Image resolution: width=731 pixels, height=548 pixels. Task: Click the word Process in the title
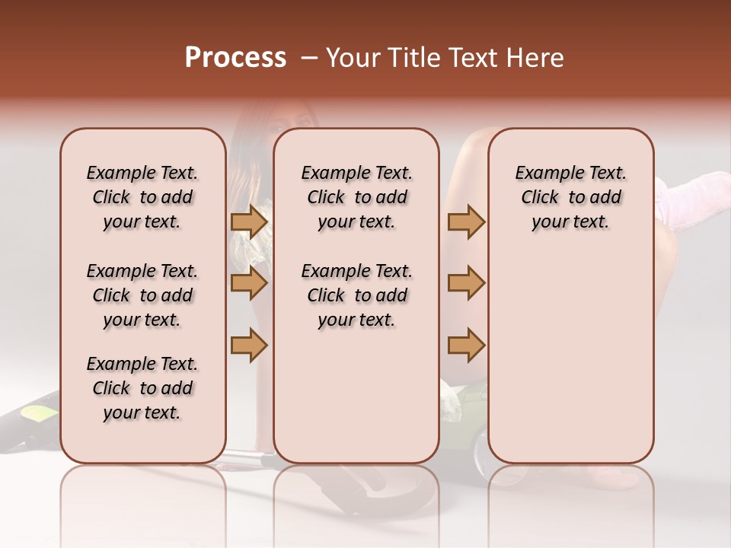point(235,58)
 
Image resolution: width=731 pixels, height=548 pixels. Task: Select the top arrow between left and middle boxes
point(249,221)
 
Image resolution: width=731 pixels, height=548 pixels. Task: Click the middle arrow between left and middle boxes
point(249,283)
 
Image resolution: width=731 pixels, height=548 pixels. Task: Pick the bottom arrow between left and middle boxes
point(249,345)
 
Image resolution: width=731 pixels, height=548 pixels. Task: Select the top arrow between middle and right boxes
point(466,221)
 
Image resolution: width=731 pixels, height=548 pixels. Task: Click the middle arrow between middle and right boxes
point(466,283)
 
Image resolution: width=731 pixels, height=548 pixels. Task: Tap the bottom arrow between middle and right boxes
point(466,345)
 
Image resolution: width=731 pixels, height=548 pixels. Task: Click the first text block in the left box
point(142,197)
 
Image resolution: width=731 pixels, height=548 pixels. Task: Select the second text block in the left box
point(142,295)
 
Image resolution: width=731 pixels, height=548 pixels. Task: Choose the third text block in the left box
point(142,388)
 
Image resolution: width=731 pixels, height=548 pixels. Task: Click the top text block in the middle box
point(356,197)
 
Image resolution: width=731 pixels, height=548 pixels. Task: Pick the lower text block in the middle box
point(356,295)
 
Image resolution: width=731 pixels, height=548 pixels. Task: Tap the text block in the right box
point(570,197)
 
